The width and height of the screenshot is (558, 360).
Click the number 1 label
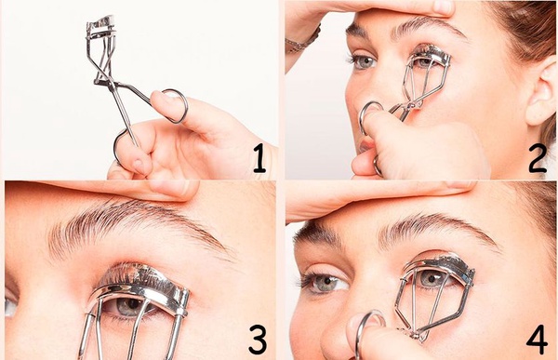pos(259,160)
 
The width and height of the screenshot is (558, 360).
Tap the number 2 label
pos(538,159)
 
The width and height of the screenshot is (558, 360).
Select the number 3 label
pos(258,340)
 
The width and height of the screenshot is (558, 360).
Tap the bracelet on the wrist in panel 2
pos(302,42)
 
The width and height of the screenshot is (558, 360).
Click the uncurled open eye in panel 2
pos(363,61)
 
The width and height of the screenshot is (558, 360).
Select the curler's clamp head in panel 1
pos(101,27)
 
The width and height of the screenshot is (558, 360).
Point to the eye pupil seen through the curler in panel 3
pos(133,304)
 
